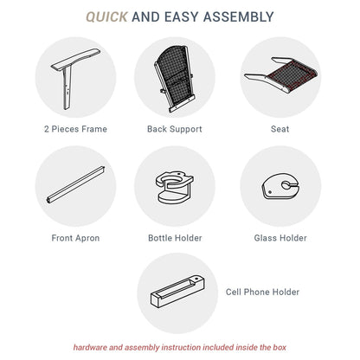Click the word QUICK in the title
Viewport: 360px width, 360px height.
tap(106, 16)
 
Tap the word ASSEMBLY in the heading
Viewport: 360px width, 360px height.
tap(238, 16)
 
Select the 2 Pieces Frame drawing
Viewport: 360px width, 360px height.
tap(68, 75)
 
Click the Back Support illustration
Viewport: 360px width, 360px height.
tap(174, 79)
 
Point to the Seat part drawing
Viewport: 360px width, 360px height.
tap(281, 74)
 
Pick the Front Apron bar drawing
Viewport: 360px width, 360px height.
tap(75, 185)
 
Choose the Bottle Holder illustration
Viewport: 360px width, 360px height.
tap(175, 188)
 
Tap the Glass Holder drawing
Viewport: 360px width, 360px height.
tap(281, 187)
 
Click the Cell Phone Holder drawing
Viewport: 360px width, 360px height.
tap(177, 292)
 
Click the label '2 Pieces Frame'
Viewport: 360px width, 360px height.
tap(75, 129)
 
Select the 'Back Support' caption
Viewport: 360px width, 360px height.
tap(175, 129)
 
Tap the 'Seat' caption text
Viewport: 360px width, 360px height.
tap(280, 129)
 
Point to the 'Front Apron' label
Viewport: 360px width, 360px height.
tap(75, 238)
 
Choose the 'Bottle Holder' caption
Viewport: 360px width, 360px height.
tap(175, 238)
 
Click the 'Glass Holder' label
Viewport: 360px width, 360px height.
tap(280, 238)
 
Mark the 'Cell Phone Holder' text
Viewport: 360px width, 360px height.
tap(262, 292)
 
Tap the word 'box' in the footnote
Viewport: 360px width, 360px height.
tap(280, 347)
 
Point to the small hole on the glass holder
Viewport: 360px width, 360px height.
tap(270, 192)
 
